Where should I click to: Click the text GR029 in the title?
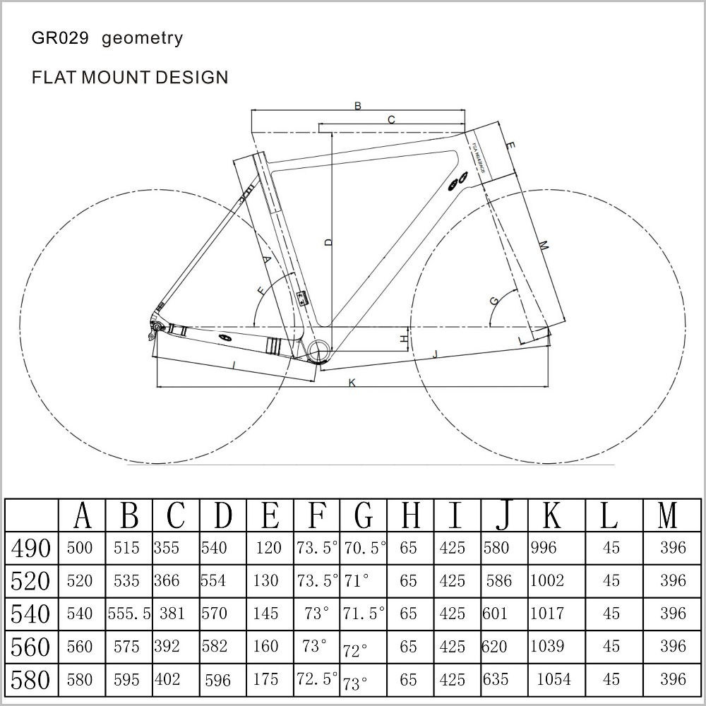pyautogui.click(x=59, y=38)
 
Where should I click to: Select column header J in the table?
pyautogui.click(x=503, y=517)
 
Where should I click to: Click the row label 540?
pyautogui.click(x=31, y=614)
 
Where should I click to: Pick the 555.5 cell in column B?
pyautogui.click(x=129, y=614)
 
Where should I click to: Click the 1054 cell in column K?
pyautogui.click(x=554, y=679)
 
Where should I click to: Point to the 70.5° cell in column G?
pyautogui.click(x=364, y=548)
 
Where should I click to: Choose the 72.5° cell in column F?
pyautogui.click(x=316, y=679)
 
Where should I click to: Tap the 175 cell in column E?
pyautogui.click(x=265, y=679)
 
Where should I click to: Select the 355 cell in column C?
pyautogui.click(x=167, y=548)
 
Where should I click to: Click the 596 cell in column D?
pyautogui.click(x=217, y=680)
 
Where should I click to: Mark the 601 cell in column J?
pyautogui.click(x=496, y=614)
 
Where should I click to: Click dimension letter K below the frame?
pyautogui.click(x=352, y=382)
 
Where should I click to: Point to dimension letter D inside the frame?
pyautogui.click(x=328, y=242)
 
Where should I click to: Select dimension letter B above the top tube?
pyautogui.click(x=358, y=106)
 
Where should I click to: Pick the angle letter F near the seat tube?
pyautogui.click(x=263, y=290)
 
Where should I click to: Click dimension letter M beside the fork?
pyautogui.click(x=543, y=245)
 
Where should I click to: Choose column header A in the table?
pyautogui.click(x=83, y=517)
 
